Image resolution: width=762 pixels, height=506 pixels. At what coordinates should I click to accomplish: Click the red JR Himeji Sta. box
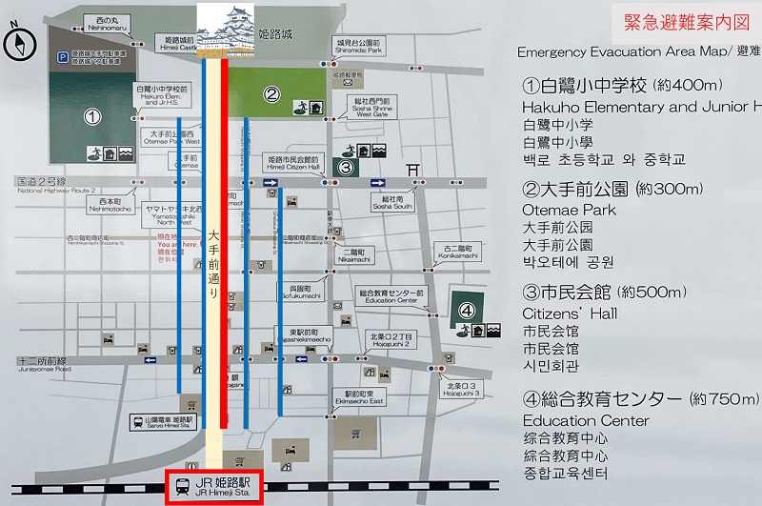click(220, 487)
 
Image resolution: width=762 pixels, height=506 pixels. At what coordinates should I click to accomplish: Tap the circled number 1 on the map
click(91, 117)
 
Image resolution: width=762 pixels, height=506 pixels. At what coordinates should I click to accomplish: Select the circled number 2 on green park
click(271, 93)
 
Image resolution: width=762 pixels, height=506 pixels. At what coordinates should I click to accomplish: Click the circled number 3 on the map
click(347, 169)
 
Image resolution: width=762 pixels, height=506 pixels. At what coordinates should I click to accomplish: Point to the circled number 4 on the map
click(467, 310)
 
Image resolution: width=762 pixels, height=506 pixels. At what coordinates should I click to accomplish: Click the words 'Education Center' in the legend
click(586, 420)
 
